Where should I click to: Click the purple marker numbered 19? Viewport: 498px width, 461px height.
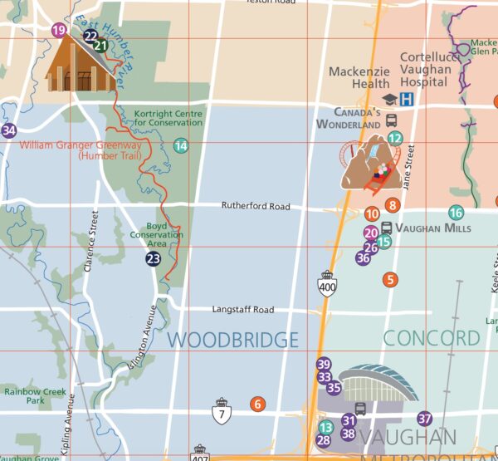tap(58, 31)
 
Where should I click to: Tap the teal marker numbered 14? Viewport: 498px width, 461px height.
tap(180, 146)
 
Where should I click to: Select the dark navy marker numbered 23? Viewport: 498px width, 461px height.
tap(153, 259)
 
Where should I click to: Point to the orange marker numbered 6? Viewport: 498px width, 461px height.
tap(257, 404)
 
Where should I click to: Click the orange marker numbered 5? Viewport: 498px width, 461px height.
tap(390, 280)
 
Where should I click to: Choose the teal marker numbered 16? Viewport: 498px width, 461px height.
tap(456, 213)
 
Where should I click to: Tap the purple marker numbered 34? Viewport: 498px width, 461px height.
tap(9, 130)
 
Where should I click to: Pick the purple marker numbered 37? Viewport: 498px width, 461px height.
tap(425, 419)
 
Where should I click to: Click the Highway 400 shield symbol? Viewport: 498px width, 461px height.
tap(328, 284)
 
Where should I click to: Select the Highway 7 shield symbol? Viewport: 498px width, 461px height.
tap(221, 411)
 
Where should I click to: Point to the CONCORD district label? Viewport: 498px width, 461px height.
tap(432, 338)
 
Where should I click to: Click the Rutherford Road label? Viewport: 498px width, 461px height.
tap(256, 206)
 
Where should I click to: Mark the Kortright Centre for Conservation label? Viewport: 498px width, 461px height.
tap(168, 117)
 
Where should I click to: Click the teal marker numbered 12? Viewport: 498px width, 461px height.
tap(395, 139)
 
